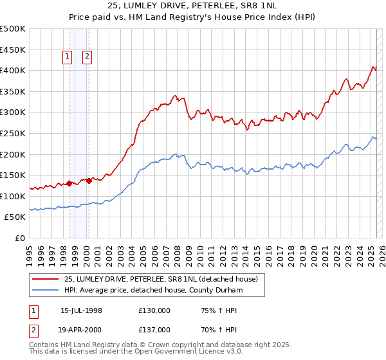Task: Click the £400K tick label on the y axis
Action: point(13,70)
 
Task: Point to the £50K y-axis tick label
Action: point(15,217)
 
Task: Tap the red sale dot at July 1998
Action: point(69,183)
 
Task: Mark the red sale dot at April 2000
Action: point(89,181)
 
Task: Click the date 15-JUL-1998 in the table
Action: point(81,310)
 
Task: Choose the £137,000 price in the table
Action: point(154,329)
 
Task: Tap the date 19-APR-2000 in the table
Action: point(81,329)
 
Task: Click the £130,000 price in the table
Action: point(154,310)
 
